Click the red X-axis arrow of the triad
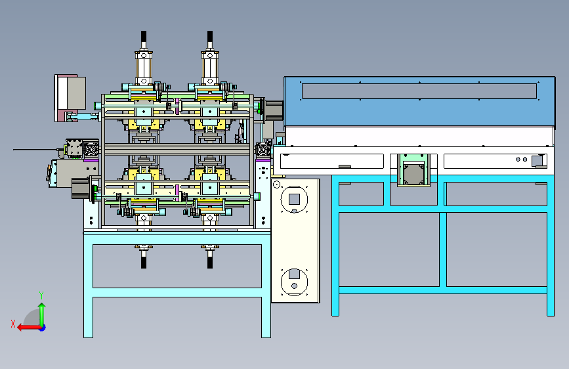(x=29, y=328)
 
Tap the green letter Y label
(x=41, y=295)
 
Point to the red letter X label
(x=13, y=324)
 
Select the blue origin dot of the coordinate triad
(x=43, y=328)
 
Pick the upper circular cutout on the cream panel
(x=294, y=200)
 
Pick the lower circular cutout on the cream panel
(x=294, y=282)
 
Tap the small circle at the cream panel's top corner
(x=276, y=185)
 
